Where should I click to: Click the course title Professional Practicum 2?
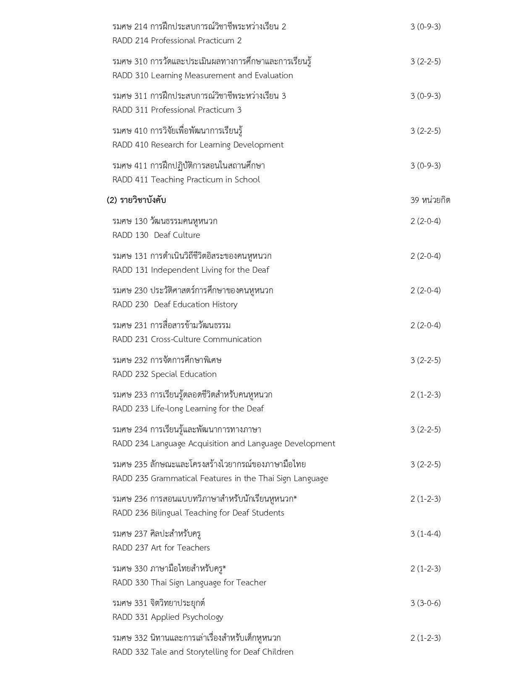tap(196, 41)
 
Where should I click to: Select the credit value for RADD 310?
tap(425, 61)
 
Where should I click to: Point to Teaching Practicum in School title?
tap(205, 180)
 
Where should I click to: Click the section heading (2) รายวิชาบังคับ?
tap(136, 200)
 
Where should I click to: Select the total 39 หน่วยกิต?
tap(430, 200)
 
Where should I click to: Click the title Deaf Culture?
tap(177, 235)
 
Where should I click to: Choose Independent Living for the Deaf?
tap(210, 270)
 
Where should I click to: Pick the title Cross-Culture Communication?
tap(206, 339)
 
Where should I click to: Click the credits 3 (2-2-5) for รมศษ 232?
tap(425, 360)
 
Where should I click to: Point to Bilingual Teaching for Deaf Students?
tap(217, 513)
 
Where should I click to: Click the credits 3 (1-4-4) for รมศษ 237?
tap(425, 534)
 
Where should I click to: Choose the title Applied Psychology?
tap(187, 617)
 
